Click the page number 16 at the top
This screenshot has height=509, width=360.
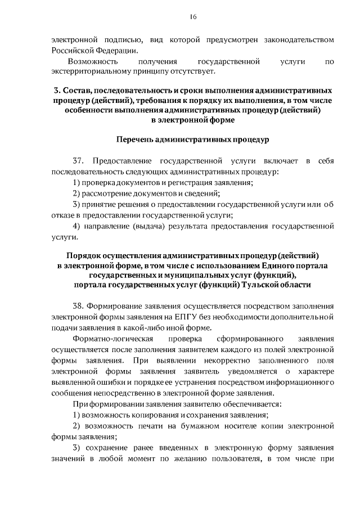tap(192, 17)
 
